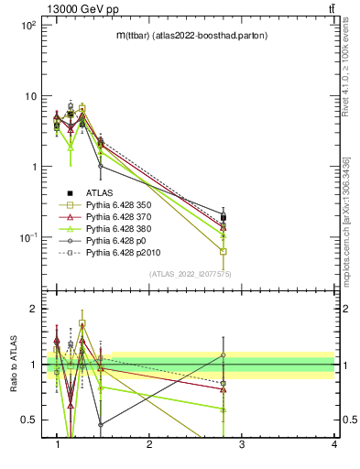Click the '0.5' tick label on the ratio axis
click(28, 420)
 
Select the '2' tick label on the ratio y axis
click(32, 309)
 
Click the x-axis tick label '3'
click(241, 445)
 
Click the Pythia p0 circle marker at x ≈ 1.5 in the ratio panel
click(101, 424)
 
